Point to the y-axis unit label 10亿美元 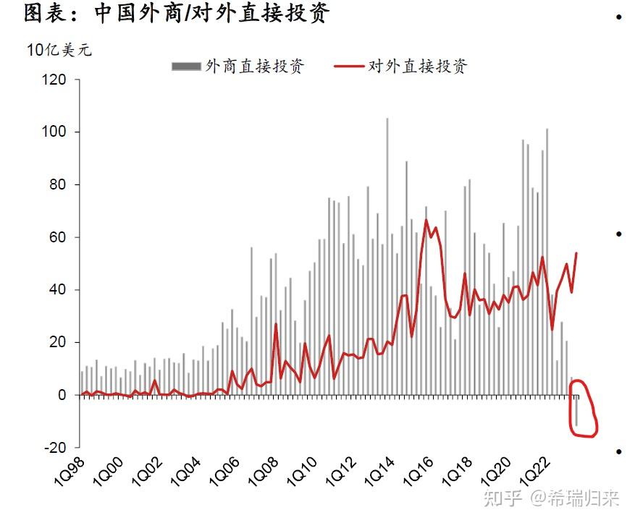[x=59, y=50]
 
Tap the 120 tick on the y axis [x=55, y=80]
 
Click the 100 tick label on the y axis [x=55, y=132]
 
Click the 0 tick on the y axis [x=62, y=395]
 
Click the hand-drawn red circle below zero [x=584, y=409]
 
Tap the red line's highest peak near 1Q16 [x=426, y=220]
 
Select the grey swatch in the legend [x=185, y=67]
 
